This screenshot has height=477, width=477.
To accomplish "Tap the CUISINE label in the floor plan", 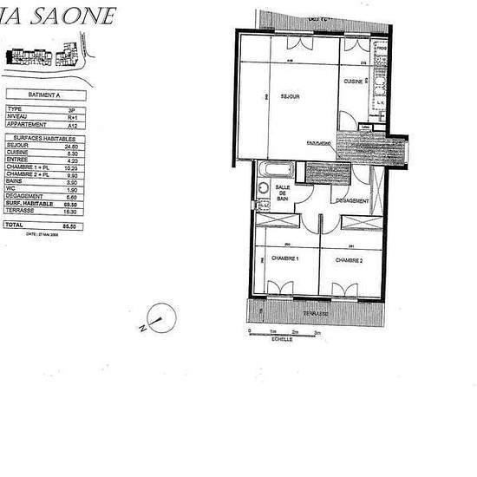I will pyautogui.click(x=352, y=81).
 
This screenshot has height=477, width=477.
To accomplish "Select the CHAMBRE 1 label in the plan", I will pyautogui.click(x=284, y=259).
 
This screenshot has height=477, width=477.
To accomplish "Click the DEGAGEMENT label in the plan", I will pyautogui.click(x=352, y=200).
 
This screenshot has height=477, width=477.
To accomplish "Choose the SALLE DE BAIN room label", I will pyautogui.click(x=282, y=195).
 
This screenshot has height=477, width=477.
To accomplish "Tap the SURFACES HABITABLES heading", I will pyautogui.click(x=41, y=138).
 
